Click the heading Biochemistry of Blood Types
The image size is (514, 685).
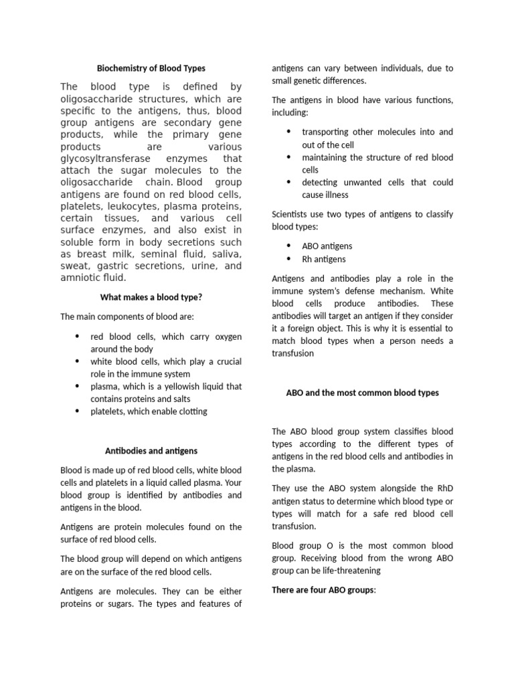151,68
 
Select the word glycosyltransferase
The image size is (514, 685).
103,159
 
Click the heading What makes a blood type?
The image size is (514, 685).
151,297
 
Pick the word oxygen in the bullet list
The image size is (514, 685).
226,336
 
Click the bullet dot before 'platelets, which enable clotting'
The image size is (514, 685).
77,411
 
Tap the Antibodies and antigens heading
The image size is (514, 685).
151,451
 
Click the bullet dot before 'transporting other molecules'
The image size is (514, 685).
288,132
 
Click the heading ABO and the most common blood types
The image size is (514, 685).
362,393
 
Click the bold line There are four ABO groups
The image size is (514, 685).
324,590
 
